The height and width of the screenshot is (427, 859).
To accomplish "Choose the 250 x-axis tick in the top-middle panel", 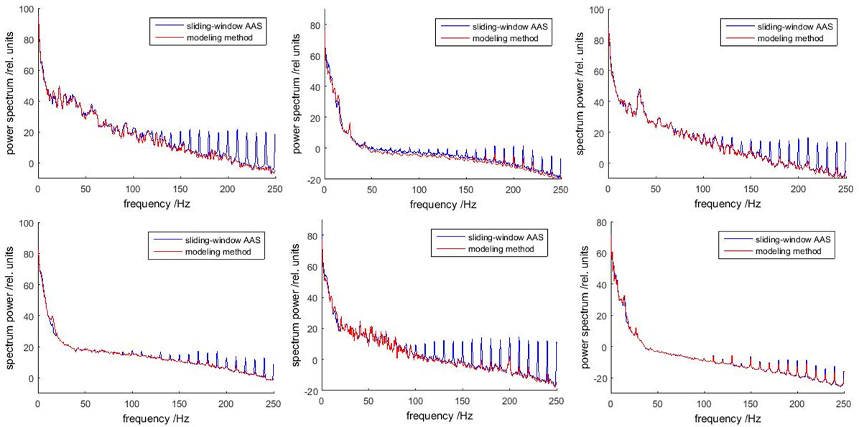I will (560, 188).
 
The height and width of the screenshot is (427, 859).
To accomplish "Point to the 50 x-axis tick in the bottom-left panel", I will (85, 403).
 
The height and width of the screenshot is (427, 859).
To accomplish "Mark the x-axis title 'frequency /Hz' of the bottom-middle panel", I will (440, 415).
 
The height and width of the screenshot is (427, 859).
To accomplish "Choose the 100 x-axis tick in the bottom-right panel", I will (705, 403).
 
